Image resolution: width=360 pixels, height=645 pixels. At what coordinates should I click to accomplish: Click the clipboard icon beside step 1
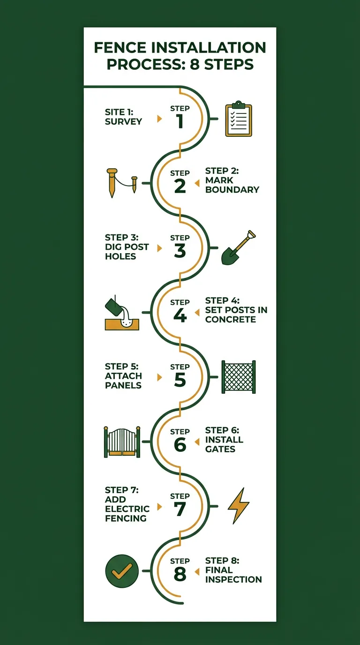(239, 119)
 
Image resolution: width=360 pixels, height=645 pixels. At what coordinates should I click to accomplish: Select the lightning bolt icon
(238, 506)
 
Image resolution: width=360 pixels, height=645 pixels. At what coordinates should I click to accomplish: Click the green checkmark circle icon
(121, 571)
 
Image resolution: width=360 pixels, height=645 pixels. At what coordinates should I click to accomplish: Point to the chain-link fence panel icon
(239, 377)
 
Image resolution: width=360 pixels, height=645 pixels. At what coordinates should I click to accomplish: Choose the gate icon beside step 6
(121, 442)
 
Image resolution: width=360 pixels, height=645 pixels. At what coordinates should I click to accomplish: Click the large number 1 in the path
(180, 122)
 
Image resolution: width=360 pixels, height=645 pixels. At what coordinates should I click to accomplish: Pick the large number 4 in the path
(180, 316)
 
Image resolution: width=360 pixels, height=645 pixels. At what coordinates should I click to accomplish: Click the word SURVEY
(123, 121)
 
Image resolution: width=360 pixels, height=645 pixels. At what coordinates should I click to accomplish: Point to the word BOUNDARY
(232, 190)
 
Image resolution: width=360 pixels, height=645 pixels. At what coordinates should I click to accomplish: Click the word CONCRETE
(231, 319)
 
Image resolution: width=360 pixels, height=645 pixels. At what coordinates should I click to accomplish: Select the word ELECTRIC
(127, 509)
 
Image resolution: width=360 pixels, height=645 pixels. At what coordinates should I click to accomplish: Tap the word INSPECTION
(233, 579)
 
